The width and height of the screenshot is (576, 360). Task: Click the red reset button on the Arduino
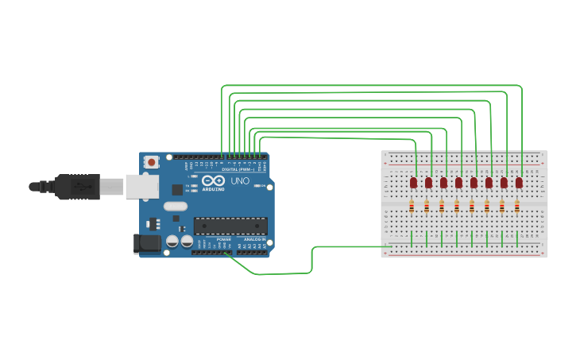click(x=151, y=162)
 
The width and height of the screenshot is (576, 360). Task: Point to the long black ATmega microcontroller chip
click(x=230, y=226)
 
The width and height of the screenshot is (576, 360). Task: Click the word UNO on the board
click(x=240, y=181)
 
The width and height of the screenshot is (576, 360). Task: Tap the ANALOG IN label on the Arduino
click(x=254, y=239)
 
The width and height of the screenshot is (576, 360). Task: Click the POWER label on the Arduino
click(x=224, y=239)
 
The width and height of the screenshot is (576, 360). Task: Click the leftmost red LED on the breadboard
click(x=413, y=183)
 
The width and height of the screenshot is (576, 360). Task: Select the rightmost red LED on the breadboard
click(x=519, y=183)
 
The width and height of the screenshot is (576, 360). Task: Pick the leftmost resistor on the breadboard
click(x=411, y=207)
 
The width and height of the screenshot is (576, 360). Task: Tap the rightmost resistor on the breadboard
click(x=516, y=207)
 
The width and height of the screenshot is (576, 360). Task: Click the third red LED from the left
click(x=443, y=183)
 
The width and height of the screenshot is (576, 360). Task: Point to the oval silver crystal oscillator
click(x=176, y=207)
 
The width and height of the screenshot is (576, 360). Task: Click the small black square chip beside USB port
click(x=176, y=189)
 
